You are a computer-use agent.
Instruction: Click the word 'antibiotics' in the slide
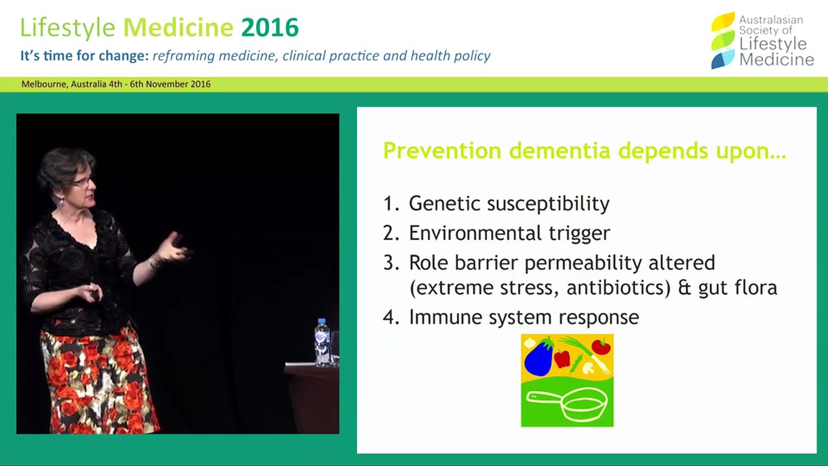pos(617,288)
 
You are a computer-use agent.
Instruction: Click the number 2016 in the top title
pos(270,28)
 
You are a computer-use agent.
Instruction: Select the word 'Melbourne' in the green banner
pos(43,84)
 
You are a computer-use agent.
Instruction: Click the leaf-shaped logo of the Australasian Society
pos(723,40)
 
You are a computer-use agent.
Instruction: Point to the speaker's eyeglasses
pos(82,182)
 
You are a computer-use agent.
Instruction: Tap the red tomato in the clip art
pos(601,346)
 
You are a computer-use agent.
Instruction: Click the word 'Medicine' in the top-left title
pos(178,28)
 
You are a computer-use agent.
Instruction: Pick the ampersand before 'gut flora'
pos(684,288)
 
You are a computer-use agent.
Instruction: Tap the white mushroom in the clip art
pos(589,368)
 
